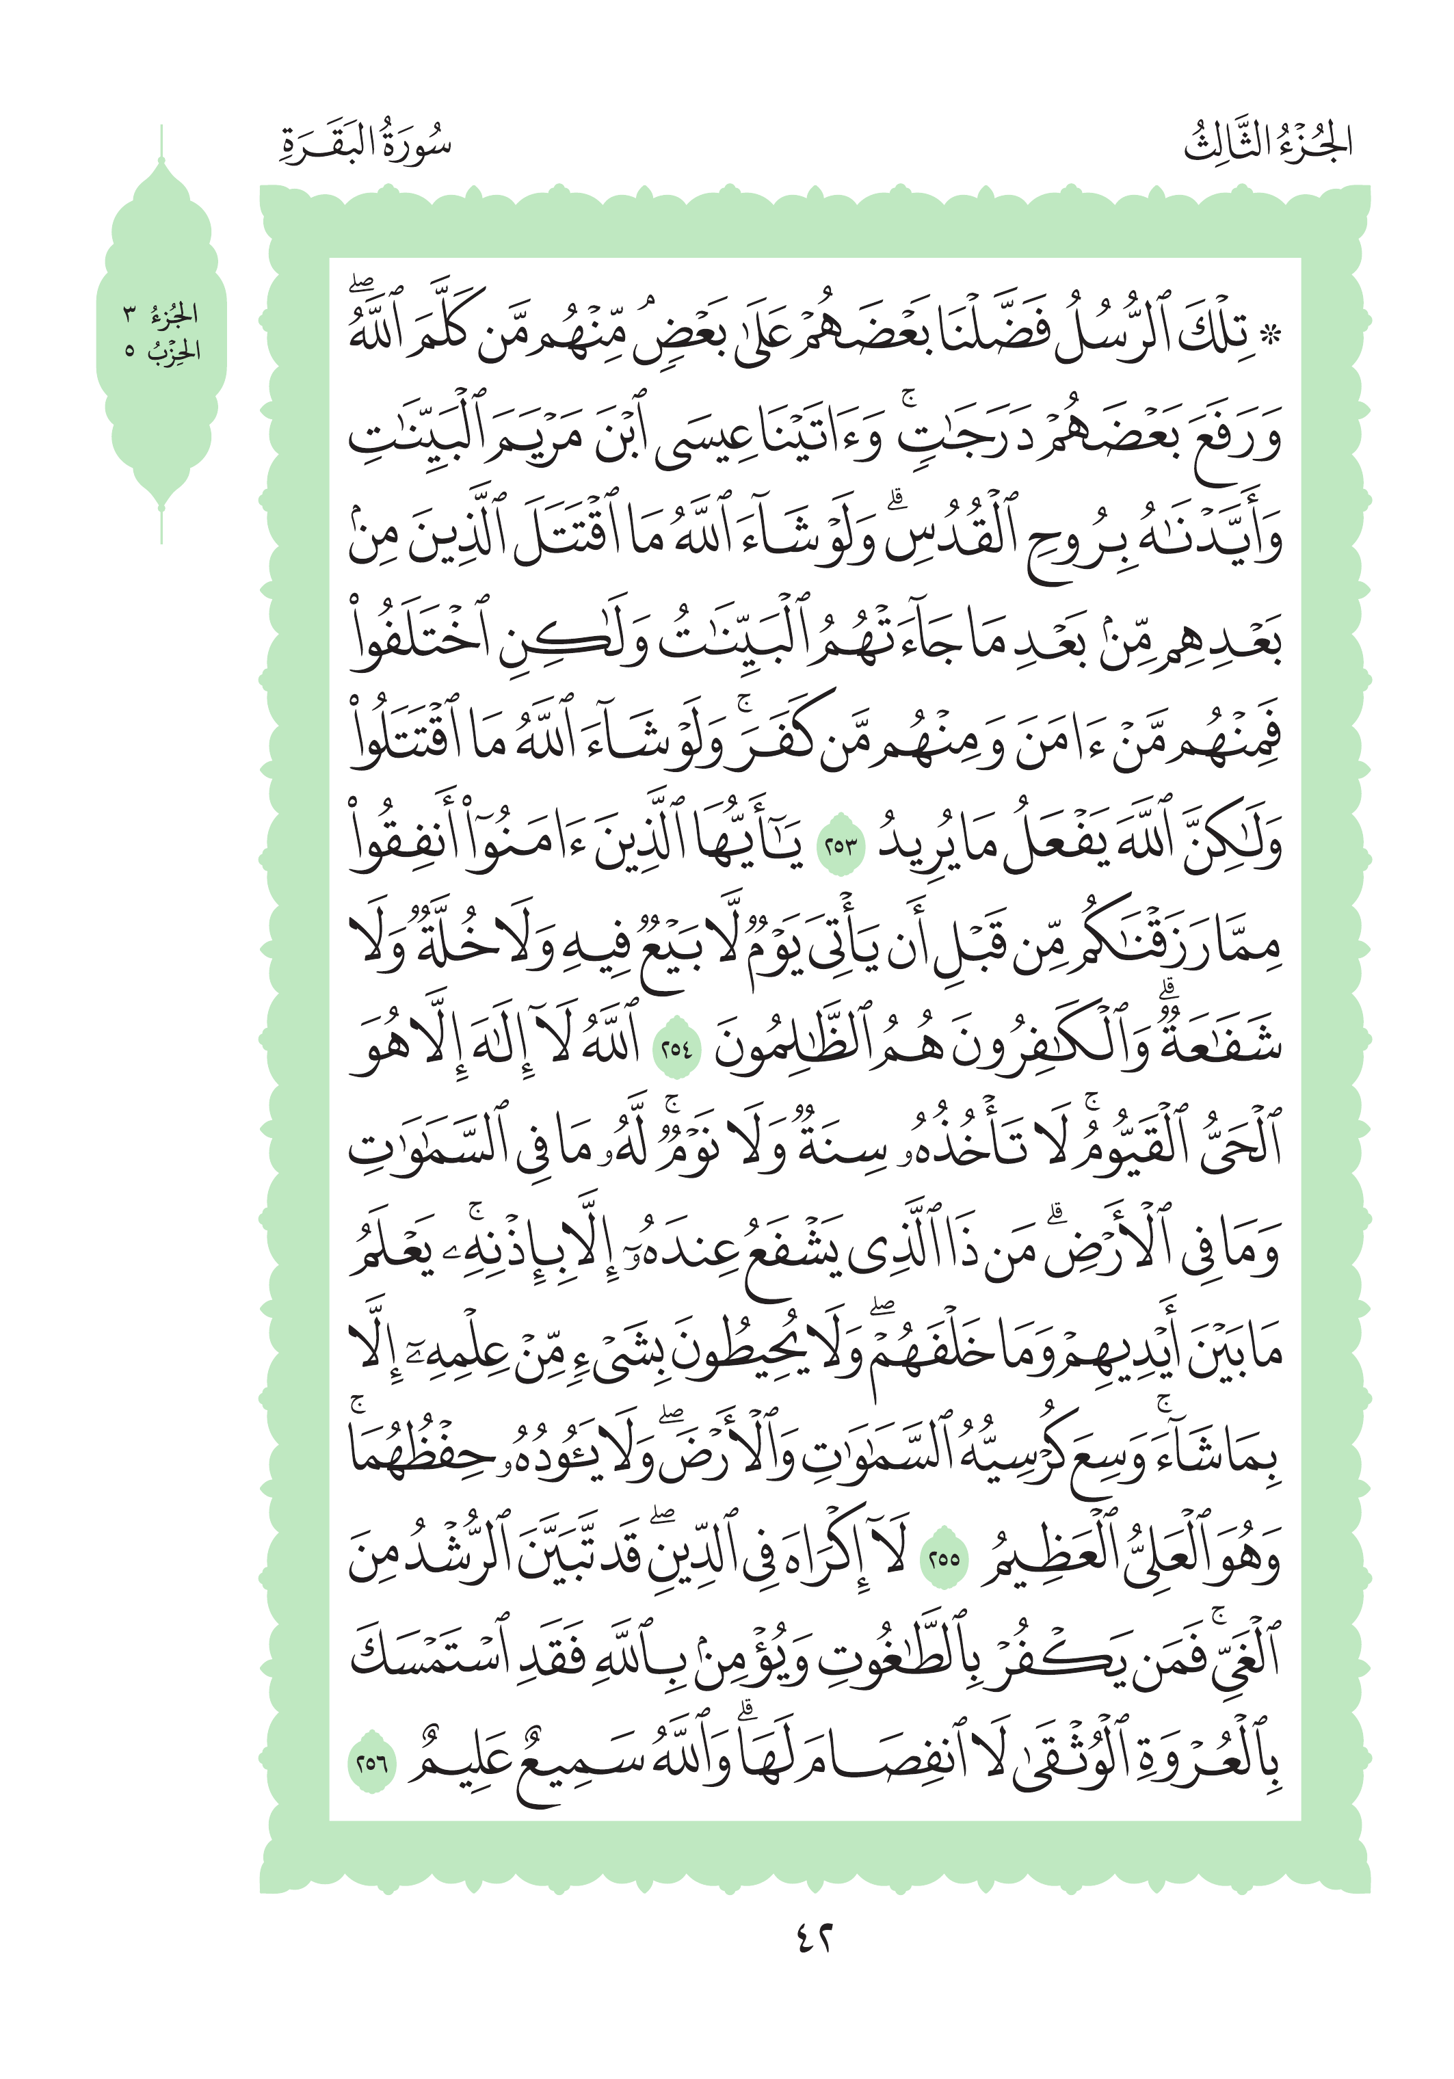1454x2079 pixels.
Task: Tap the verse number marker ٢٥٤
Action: [676, 1050]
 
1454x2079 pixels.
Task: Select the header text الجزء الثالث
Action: [1267, 143]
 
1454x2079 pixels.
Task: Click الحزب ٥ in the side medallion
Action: [162, 350]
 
